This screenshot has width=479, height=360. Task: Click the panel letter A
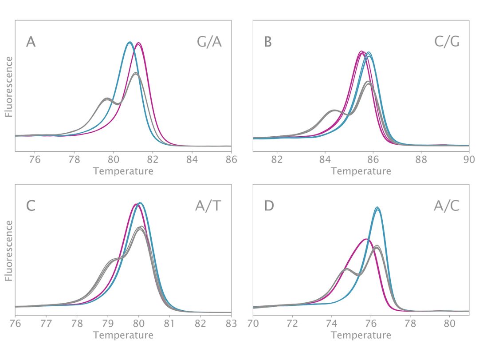[x=31, y=42]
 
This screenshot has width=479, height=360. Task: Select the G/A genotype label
[x=209, y=42]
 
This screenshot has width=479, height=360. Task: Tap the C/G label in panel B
[x=447, y=42]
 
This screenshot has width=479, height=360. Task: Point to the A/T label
[x=209, y=206]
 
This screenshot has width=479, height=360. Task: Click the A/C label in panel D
[x=447, y=206]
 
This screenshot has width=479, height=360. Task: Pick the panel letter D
[x=268, y=206]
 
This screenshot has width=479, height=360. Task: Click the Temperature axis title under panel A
[x=123, y=171]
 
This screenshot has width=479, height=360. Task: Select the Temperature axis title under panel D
[x=361, y=335]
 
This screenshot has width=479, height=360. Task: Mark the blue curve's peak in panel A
[x=129, y=42]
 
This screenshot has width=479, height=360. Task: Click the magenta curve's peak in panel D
[x=366, y=239]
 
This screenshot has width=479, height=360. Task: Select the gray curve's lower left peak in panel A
[x=107, y=99]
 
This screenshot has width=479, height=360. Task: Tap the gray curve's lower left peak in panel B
[x=334, y=110]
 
